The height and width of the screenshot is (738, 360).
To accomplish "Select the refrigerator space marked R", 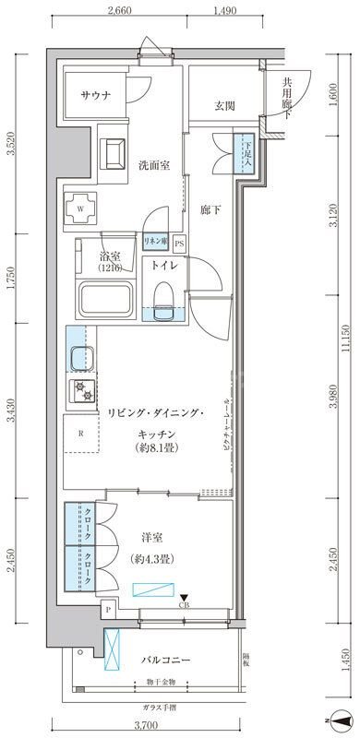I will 82,433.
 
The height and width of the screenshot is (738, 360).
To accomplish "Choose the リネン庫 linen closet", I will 153,242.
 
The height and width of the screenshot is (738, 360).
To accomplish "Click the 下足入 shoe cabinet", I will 245,152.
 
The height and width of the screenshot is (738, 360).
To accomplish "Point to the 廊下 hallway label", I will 211,209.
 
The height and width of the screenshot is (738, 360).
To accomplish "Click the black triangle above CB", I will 183,598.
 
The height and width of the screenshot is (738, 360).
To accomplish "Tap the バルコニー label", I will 166,661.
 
